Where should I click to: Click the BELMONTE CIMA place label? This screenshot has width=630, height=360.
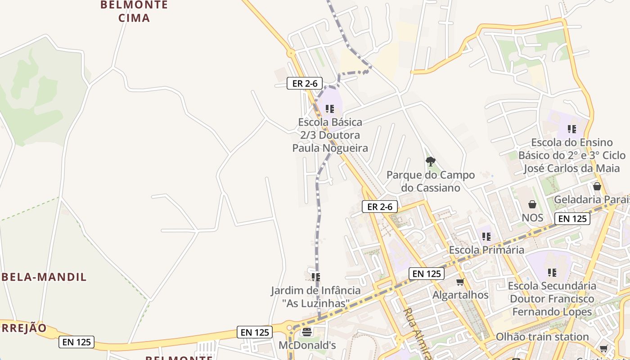134,11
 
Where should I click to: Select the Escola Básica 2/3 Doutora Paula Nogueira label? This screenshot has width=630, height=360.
330,135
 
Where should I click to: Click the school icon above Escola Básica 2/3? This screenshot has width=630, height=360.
330,109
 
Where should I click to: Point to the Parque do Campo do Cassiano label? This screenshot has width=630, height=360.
431,181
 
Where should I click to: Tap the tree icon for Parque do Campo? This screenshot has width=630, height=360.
431,161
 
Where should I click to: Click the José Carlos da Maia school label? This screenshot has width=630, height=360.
572,156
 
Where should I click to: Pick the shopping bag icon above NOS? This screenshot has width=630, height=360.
532,204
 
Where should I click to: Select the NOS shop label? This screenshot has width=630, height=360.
532,218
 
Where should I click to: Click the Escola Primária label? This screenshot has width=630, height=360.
486,250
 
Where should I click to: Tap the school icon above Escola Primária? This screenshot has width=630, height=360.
486,236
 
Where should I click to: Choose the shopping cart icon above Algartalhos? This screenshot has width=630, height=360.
460,282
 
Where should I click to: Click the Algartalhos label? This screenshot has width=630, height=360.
460,295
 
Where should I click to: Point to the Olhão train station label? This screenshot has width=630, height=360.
542,337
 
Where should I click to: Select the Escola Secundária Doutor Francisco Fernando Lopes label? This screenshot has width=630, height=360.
552,299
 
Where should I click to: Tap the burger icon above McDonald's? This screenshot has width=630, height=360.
307,332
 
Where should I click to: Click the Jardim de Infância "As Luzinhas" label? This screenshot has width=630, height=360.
315,297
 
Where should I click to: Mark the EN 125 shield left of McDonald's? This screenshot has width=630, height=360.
255,333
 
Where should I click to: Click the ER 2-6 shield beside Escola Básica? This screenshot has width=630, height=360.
305,83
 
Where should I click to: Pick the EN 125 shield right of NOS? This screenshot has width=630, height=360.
572,219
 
